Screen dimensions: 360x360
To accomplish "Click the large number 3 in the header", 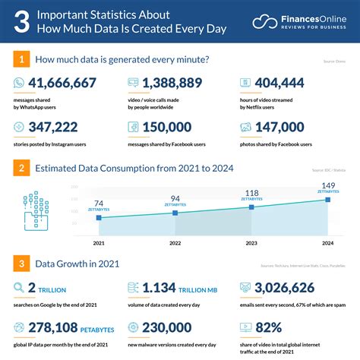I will (24, 22).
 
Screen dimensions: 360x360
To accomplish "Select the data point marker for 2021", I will (99, 218).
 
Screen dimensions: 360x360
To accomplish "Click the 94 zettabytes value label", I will (175, 198).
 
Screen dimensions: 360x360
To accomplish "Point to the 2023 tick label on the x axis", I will (251, 243).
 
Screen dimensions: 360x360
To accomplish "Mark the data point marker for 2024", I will (327, 200).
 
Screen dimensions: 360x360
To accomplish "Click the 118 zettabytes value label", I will (251, 193).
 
